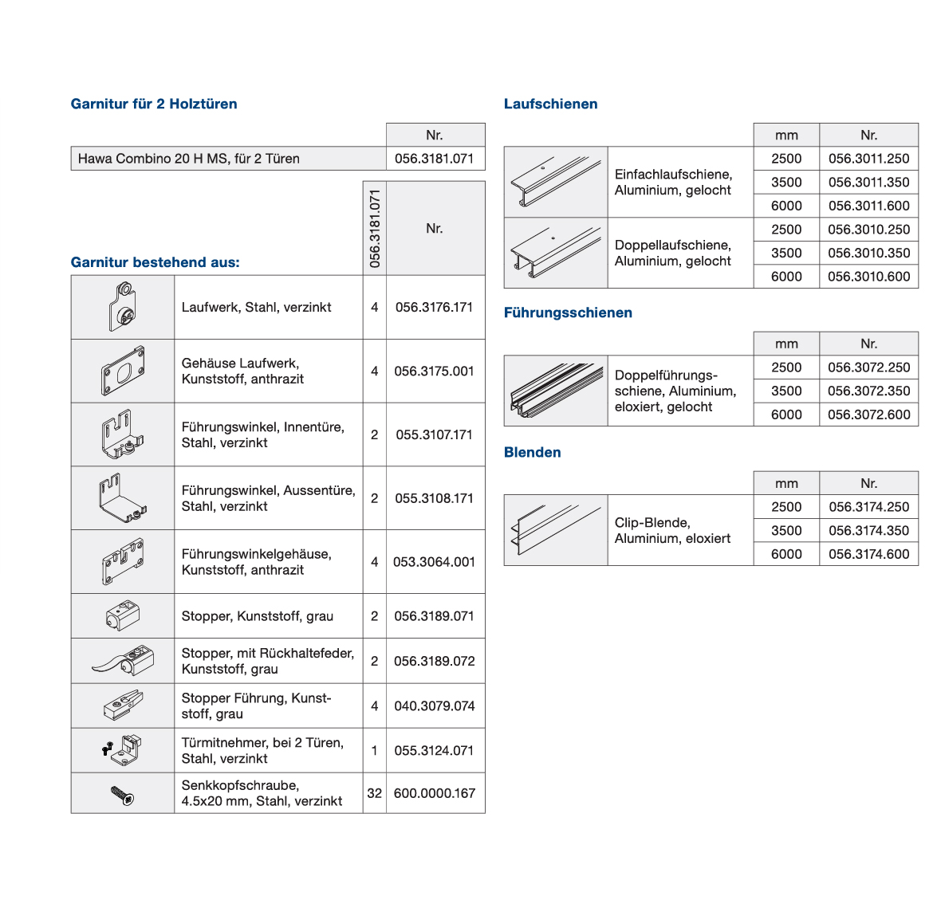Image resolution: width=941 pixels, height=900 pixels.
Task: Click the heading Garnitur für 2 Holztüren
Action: [x=154, y=104]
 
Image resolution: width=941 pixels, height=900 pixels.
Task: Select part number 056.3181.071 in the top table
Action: [x=434, y=159]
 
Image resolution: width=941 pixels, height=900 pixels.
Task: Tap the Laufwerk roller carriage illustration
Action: [x=123, y=307]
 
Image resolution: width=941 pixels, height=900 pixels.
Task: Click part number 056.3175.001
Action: [x=434, y=371]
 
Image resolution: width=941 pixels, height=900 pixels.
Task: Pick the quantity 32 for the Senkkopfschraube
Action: [x=374, y=793]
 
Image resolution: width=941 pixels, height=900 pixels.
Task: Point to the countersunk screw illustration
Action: [x=123, y=794]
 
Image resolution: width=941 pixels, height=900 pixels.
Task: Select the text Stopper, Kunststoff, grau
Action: [x=257, y=616]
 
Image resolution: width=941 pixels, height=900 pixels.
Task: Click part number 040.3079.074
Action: [x=434, y=706]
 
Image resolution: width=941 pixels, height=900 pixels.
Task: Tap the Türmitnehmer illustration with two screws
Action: [x=123, y=749]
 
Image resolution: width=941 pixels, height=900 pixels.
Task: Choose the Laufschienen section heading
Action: [x=550, y=104]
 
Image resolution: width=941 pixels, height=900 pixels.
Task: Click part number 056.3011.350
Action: [x=868, y=183]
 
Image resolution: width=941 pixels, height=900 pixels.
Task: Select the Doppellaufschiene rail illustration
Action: [x=556, y=253]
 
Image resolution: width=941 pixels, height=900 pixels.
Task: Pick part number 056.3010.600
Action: [x=868, y=277]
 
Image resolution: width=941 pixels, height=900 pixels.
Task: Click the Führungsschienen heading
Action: [x=568, y=312]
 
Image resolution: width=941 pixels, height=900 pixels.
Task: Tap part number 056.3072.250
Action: [x=868, y=367]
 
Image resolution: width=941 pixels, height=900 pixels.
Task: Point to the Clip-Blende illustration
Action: [x=556, y=530]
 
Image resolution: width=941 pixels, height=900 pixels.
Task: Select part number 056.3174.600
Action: [x=868, y=554]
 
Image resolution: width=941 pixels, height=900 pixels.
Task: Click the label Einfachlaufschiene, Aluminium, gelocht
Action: [x=672, y=183]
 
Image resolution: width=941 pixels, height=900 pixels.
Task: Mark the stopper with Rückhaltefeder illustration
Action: [x=123, y=661]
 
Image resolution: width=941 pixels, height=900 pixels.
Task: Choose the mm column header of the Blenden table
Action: [x=786, y=484]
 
